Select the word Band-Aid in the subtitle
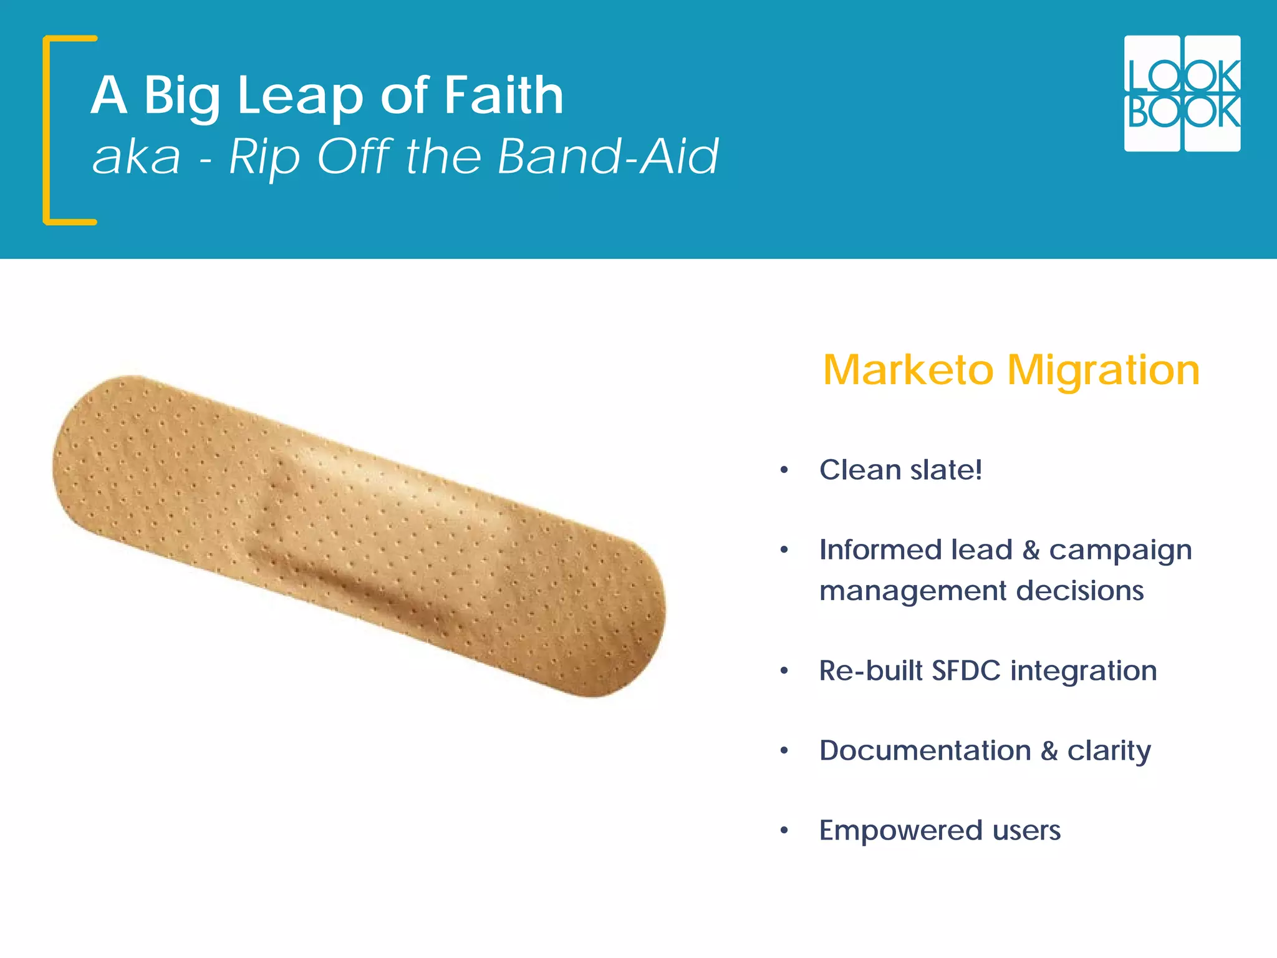tap(608, 156)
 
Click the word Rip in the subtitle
tap(264, 156)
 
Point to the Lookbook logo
tap(1182, 94)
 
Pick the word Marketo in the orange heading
tap(908, 370)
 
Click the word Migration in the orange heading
tap(1104, 370)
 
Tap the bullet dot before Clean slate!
tap(784, 470)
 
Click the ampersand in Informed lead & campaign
tap(1031, 550)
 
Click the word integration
tap(1084, 671)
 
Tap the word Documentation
tap(925, 751)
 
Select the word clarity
tap(1109, 751)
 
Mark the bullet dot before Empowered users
tap(784, 831)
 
